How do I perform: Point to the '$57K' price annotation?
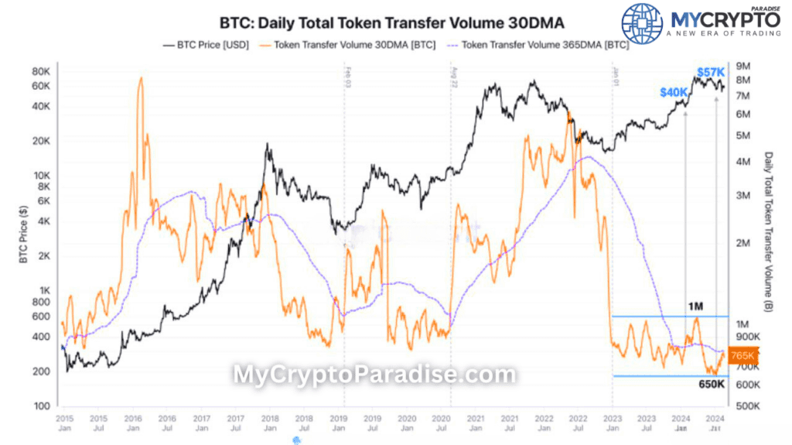click(x=711, y=72)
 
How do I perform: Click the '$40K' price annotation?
click(x=673, y=92)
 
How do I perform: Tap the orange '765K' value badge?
click(x=742, y=355)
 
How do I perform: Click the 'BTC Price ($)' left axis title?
click(x=23, y=232)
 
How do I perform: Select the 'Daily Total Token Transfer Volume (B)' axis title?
click(x=768, y=232)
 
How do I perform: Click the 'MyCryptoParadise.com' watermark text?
click(x=374, y=375)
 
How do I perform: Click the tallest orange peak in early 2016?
click(x=141, y=78)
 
